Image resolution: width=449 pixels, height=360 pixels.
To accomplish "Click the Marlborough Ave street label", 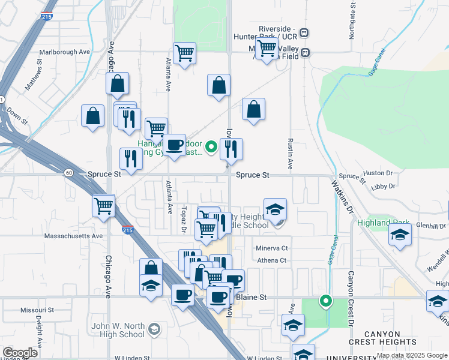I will click(66, 52).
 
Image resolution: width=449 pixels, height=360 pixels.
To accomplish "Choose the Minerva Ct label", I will click(272, 248).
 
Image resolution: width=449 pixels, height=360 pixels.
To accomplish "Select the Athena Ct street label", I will click(272, 260).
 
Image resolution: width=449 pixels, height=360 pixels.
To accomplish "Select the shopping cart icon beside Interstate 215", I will click(103, 206).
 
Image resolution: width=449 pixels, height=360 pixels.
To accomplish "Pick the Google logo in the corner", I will click(20, 353).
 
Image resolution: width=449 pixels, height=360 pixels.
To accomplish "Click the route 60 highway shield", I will click(69, 173).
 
